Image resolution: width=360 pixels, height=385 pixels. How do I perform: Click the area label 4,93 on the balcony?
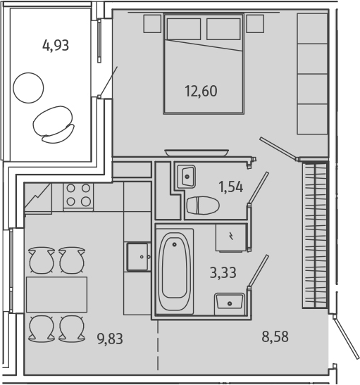[56, 46]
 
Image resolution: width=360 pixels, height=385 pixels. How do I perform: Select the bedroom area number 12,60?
[201, 91]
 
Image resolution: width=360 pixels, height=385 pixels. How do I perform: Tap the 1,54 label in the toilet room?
[230, 187]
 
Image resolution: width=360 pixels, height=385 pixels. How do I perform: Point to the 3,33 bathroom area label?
[223, 272]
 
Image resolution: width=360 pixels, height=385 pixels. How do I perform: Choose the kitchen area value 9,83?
[110, 339]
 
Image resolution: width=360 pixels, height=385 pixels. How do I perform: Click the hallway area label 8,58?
[275, 336]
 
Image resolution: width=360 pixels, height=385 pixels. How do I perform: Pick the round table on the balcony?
[28, 87]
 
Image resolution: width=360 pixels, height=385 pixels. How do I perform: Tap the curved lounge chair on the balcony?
[54, 124]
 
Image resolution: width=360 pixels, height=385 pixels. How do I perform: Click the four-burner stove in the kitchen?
[78, 196]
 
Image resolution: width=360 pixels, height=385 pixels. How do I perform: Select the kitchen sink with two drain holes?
[138, 257]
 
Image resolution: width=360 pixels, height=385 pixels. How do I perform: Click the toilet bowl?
[203, 206]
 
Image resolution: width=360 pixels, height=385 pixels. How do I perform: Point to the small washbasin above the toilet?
[186, 176]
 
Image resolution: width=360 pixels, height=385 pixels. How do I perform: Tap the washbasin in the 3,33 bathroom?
[230, 303]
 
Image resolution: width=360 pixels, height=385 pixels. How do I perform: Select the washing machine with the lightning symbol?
[230, 236]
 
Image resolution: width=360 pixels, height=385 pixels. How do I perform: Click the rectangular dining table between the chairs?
[56, 294]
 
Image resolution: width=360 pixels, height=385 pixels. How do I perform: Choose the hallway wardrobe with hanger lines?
[315, 234]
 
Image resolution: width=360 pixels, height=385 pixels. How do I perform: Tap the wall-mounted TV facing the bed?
[197, 153]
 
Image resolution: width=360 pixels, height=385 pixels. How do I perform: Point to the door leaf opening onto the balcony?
[108, 82]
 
